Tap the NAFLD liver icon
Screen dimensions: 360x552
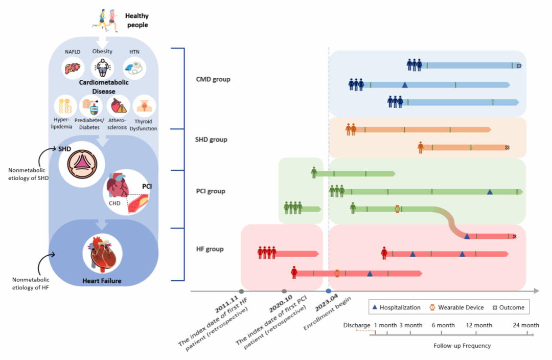(x=73, y=68)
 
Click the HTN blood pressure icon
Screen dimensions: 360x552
(x=134, y=68)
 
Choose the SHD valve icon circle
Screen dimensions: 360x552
(x=82, y=164)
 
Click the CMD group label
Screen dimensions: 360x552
(x=213, y=80)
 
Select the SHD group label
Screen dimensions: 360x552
(x=211, y=140)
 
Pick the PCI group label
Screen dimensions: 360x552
(x=211, y=191)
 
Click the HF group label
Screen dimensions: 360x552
(x=210, y=249)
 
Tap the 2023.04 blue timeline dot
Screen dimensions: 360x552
(x=328, y=291)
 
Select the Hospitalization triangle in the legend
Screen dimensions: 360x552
(x=375, y=307)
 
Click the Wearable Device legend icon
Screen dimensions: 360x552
(x=432, y=307)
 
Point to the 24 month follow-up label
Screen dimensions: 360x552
(x=526, y=325)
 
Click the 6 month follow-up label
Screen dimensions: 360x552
(x=443, y=325)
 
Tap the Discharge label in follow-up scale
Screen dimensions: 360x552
(x=356, y=325)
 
